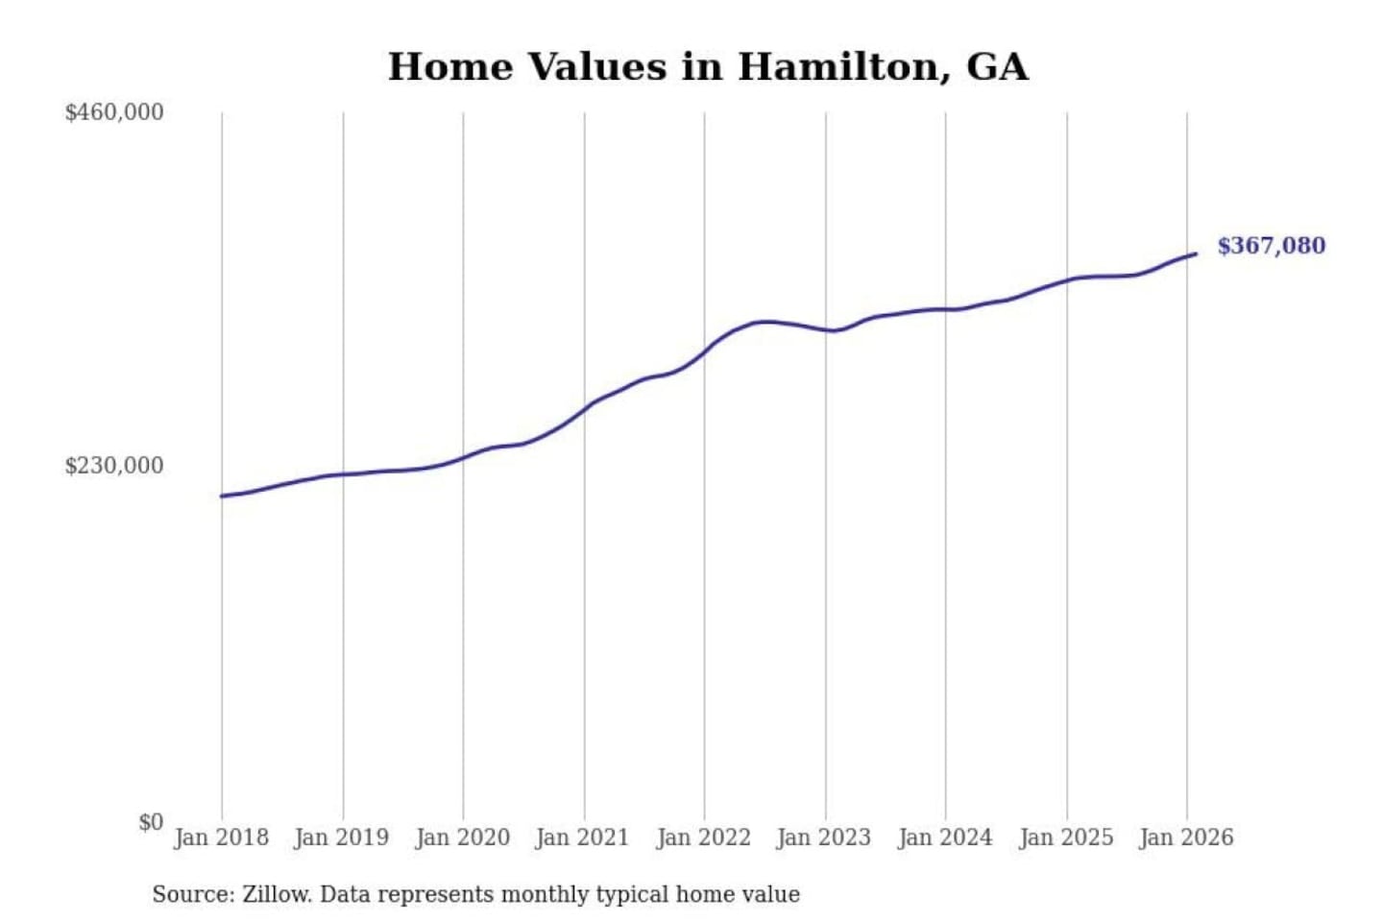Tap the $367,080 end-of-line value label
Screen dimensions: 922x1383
(x=1271, y=246)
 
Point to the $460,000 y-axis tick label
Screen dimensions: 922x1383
(x=114, y=112)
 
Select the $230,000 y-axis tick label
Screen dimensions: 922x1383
(x=114, y=466)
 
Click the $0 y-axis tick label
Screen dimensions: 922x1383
(x=151, y=822)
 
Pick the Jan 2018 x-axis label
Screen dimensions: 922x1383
(x=221, y=837)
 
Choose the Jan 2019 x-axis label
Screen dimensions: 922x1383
(x=342, y=837)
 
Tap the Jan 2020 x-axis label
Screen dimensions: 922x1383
(x=462, y=837)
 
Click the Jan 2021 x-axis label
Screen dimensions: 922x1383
(x=582, y=837)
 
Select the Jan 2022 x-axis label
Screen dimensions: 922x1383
(x=703, y=837)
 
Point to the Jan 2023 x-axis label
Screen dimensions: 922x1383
(x=823, y=837)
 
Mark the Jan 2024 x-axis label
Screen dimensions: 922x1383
(x=944, y=837)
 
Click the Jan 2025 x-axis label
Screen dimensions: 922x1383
(x=1065, y=837)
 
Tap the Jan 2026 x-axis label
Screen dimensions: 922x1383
(x=1185, y=837)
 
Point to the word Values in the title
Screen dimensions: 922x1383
(x=596, y=67)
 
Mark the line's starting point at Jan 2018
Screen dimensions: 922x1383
(x=222, y=496)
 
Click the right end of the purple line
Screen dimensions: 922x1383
(x=1195, y=254)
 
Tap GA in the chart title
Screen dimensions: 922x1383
(x=997, y=67)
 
